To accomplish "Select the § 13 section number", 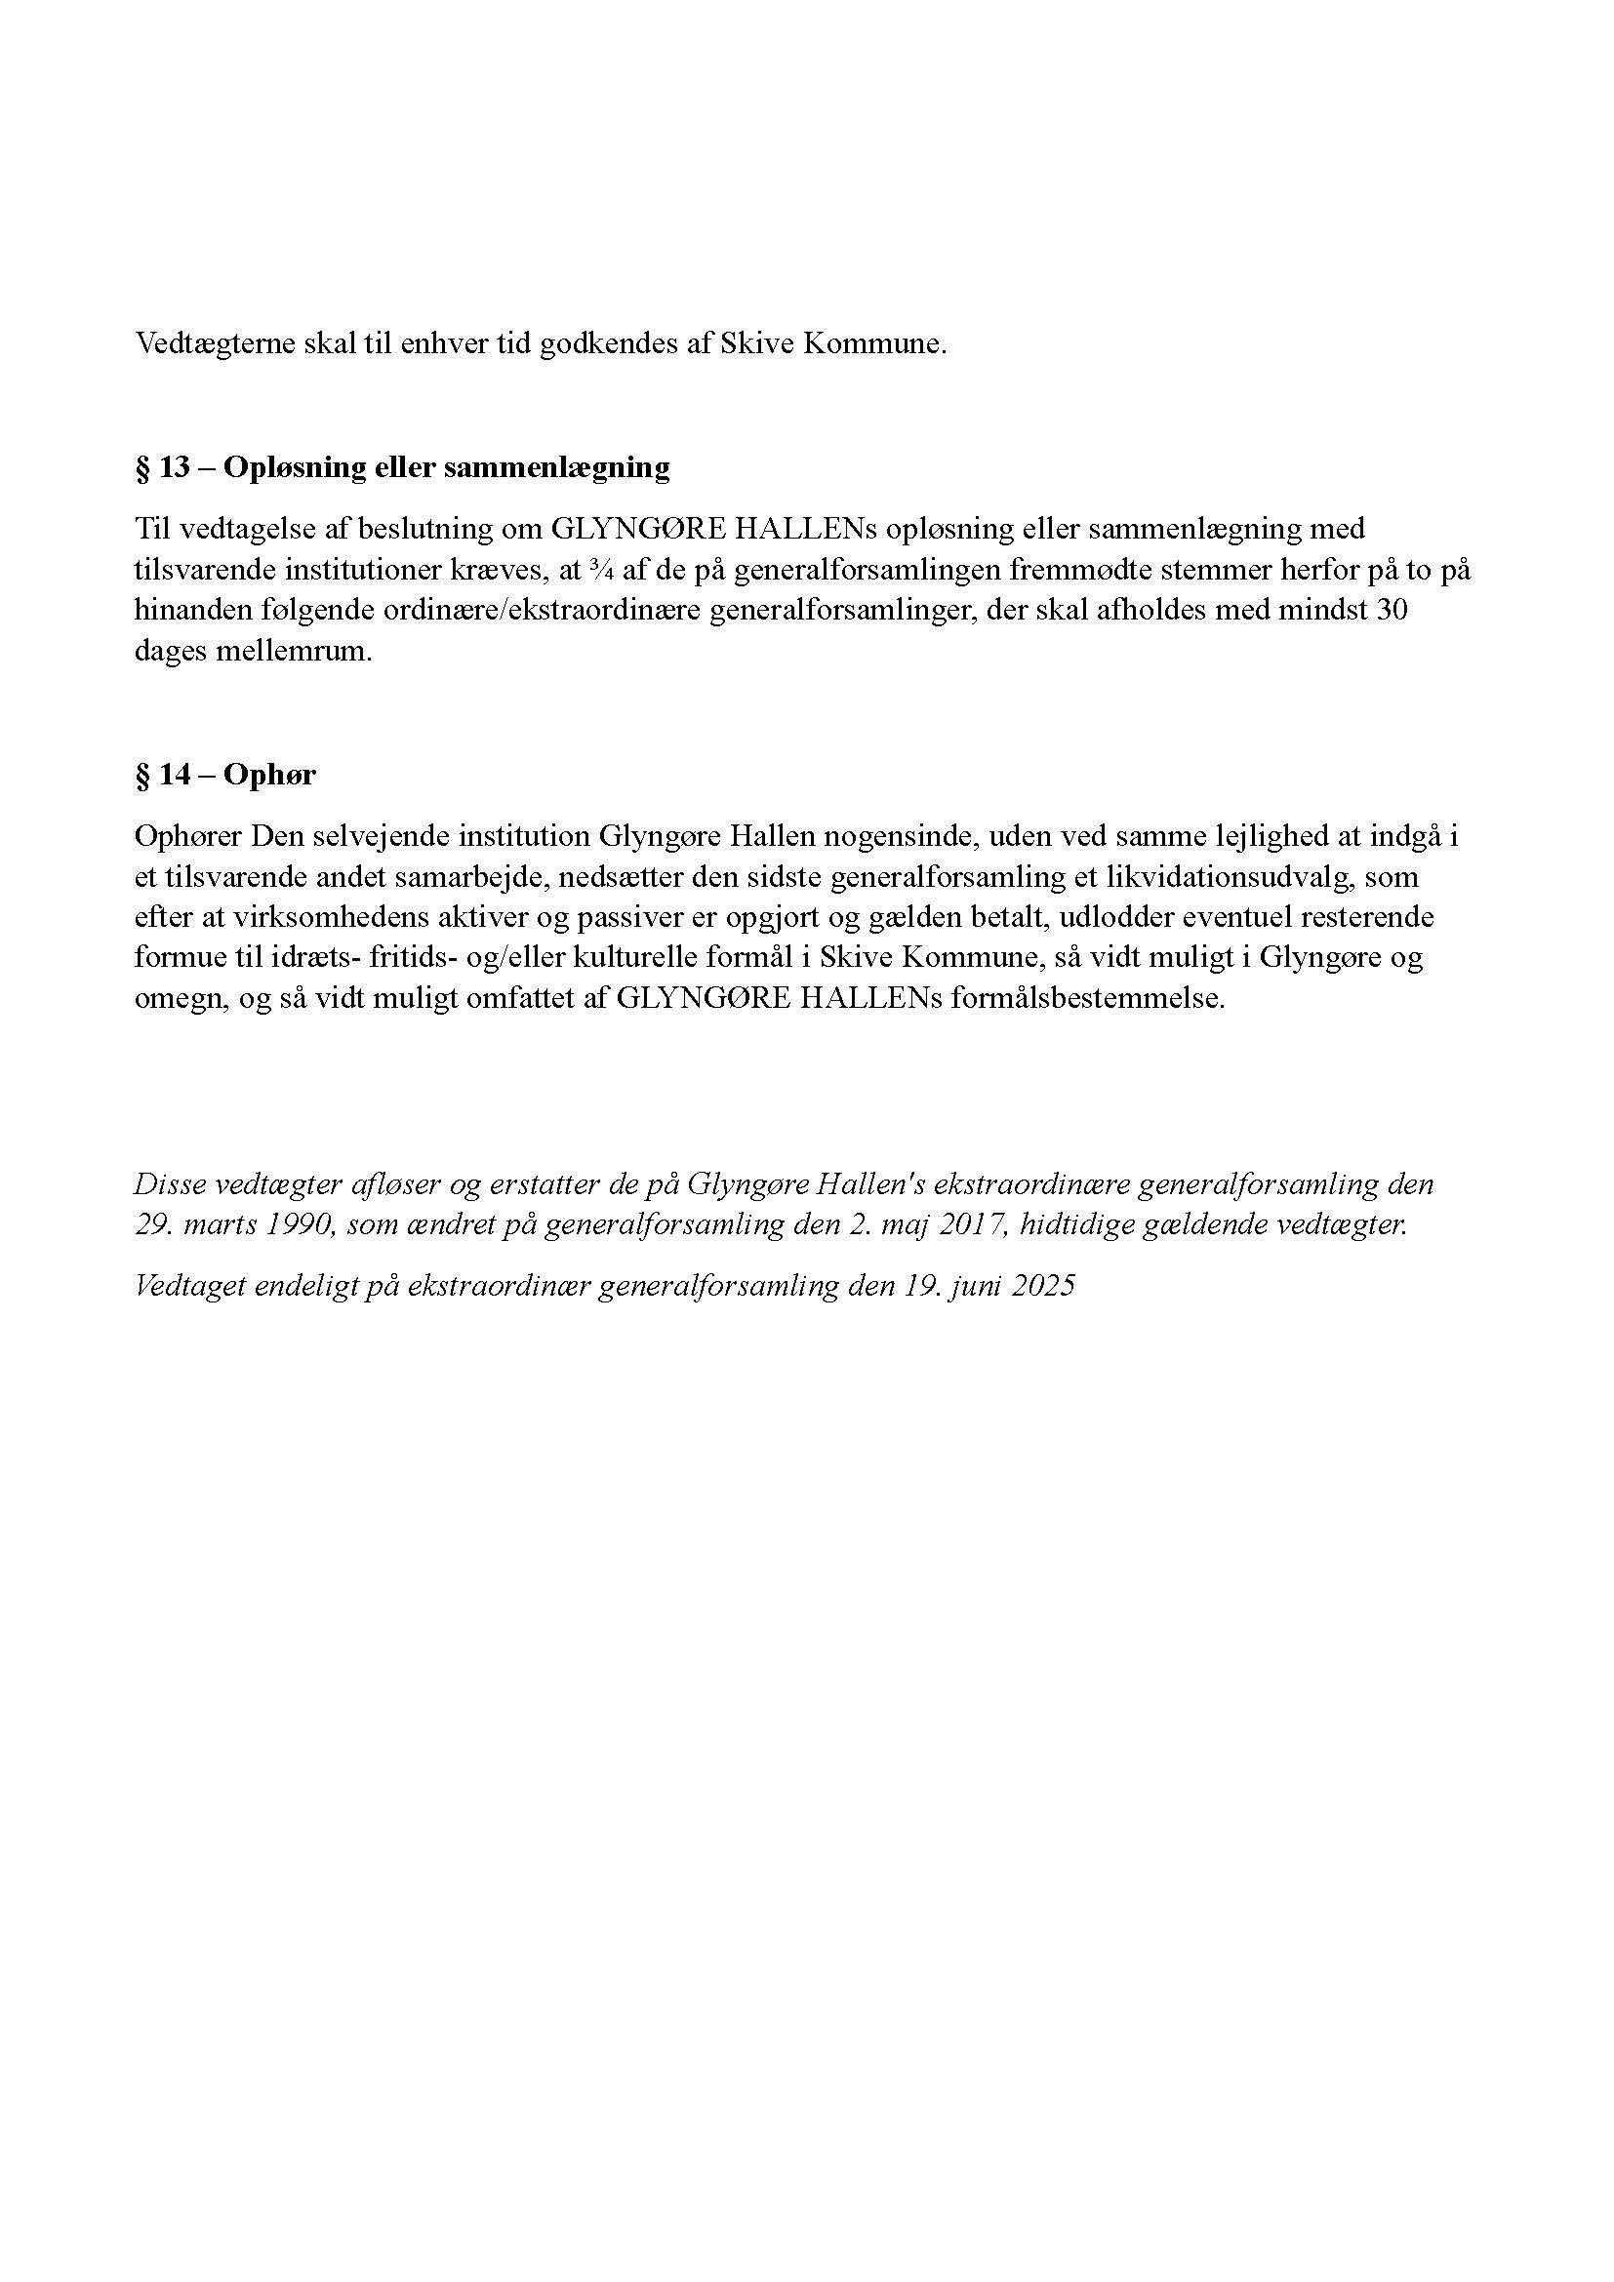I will pos(162,467).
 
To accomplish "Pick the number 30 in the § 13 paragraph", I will pos(1391,610).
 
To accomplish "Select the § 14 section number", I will pos(162,776).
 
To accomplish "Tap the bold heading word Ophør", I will pos(269,776).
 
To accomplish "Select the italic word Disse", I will pos(165,1184).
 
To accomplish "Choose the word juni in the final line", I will pos(966,1286).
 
